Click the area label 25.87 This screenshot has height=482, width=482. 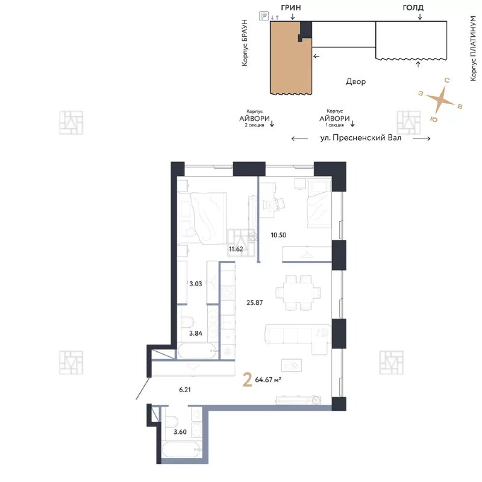point(254,302)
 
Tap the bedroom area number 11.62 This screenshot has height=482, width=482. point(236,249)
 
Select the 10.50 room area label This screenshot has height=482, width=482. point(278,235)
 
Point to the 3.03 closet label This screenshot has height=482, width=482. point(196,284)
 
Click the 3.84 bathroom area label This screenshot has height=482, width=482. point(196,333)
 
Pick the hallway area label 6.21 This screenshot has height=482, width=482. point(185,389)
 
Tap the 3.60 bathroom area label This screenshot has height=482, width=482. point(180,432)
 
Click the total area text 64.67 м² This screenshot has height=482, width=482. point(268,380)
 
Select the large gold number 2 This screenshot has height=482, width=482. point(248,380)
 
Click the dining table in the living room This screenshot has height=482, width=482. point(298,292)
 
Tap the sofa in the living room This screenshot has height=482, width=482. point(298,337)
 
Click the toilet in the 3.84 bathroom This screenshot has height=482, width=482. point(187,322)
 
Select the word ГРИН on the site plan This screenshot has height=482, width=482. point(291,8)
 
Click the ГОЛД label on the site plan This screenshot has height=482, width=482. point(413,8)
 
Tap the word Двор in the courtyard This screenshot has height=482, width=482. point(355,81)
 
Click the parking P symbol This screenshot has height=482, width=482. point(264,16)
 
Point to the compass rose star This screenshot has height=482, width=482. point(440,99)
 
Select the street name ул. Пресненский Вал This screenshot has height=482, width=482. point(361,138)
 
